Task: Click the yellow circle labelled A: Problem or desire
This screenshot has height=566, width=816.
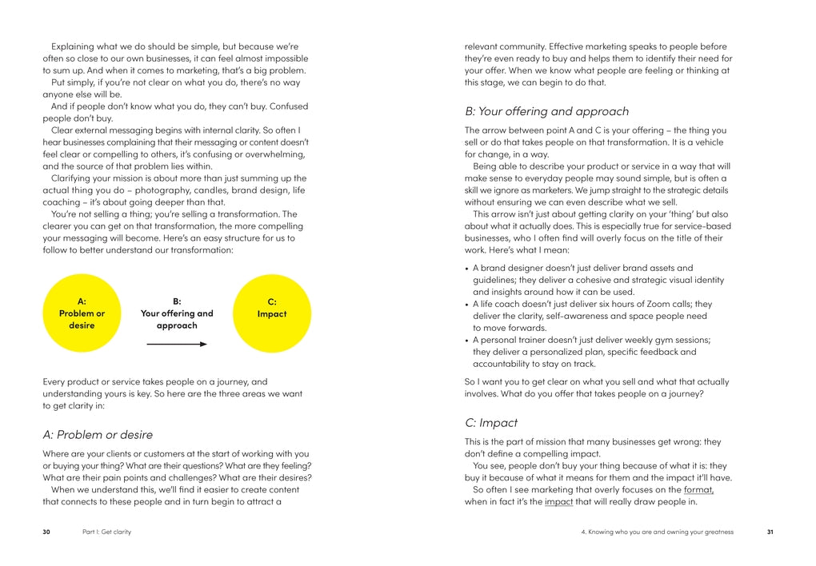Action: click(82, 313)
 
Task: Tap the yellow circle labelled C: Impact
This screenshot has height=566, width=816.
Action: click(272, 313)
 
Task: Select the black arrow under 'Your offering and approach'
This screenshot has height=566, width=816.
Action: click(177, 344)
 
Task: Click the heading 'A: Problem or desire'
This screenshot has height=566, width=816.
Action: click(98, 435)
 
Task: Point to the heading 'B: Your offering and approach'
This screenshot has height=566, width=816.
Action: click(547, 111)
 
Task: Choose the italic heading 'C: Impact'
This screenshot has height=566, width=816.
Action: click(491, 422)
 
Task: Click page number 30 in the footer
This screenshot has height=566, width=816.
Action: click(46, 532)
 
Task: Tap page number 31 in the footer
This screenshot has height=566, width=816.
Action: click(770, 532)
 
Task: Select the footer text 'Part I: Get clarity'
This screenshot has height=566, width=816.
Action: click(106, 532)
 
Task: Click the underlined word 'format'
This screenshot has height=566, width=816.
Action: click(698, 489)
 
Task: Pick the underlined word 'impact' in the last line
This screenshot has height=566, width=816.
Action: click(558, 501)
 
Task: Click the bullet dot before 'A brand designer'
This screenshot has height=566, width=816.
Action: click(466, 269)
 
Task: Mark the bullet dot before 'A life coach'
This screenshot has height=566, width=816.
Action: click(466, 305)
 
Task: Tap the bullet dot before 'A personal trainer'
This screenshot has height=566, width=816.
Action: click(466, 341)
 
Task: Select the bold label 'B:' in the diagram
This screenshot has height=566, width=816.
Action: click(177, 301)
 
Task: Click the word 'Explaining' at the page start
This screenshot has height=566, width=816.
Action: click(74, 46)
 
